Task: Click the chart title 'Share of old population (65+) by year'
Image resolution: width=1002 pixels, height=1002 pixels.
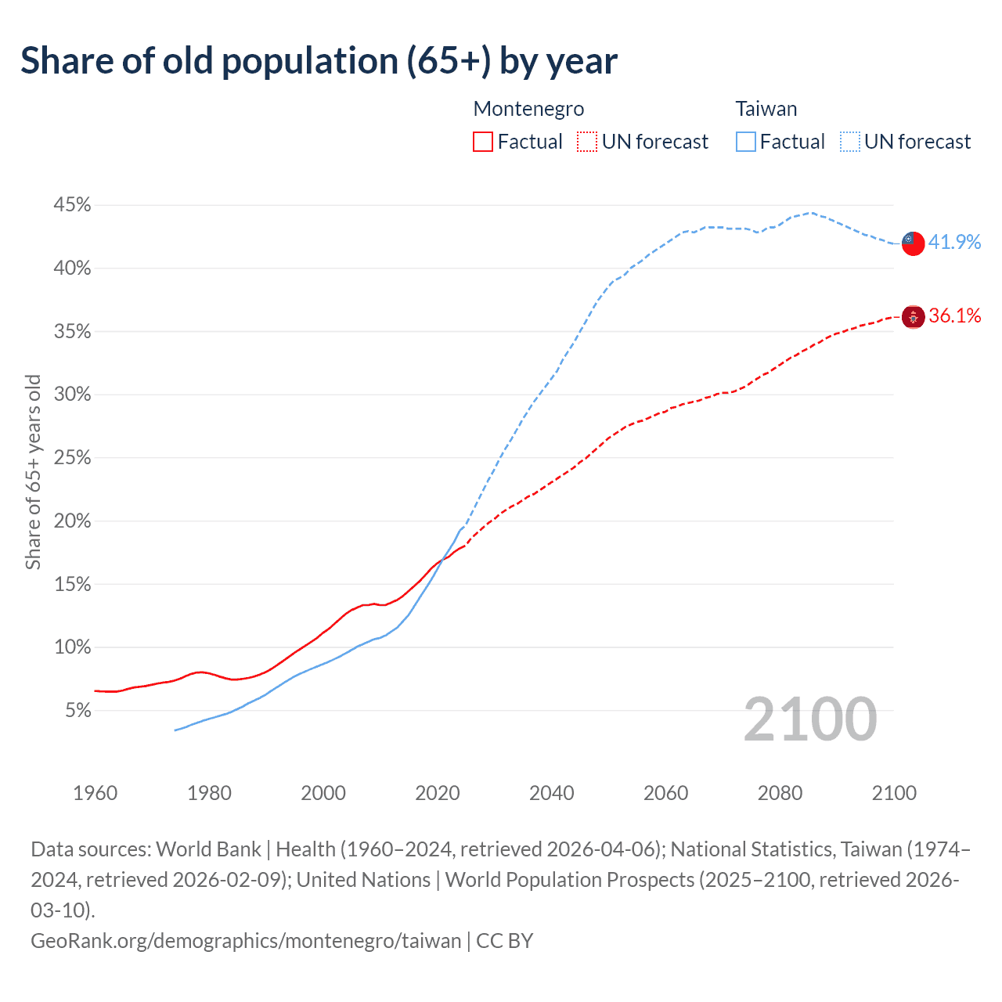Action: coord(319,61)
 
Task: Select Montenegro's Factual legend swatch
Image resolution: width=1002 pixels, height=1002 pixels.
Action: coord(483,142)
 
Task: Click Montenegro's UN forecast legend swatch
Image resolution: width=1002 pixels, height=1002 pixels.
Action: coord(587,142)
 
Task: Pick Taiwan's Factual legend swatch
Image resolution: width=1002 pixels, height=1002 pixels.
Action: coord(746,142)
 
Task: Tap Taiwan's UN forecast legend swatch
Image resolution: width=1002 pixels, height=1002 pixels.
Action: coord(850,142)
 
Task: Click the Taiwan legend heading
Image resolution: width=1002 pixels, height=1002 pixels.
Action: coord(766,109)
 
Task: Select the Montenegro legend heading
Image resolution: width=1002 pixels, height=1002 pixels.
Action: coord(528,109)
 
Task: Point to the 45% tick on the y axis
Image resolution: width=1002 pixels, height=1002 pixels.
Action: coord(72,205)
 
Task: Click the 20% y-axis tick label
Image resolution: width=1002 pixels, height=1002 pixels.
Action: coord(72,521)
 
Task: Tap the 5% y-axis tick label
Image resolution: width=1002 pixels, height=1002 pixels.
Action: coord(77,711)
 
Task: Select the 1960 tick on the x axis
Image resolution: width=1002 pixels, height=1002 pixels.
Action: coord(96,793)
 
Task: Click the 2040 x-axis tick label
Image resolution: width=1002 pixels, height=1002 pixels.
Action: coord(552,793)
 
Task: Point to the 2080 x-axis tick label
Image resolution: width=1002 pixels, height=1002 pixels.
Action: coord(780,793)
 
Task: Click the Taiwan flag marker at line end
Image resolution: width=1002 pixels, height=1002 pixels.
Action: coord(913,243)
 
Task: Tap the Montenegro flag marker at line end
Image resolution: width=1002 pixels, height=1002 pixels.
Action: coord(913,317)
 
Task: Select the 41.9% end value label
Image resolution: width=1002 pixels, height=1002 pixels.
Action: coord(954,242)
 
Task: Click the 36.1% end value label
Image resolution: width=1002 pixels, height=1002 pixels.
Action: coord(954,315)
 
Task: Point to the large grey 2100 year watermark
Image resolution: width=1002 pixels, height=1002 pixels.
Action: coord(809,719)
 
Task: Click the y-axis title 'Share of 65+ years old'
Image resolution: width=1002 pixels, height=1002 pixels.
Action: coord(33,472)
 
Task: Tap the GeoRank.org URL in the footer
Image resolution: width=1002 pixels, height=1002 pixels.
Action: coord(246,940)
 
